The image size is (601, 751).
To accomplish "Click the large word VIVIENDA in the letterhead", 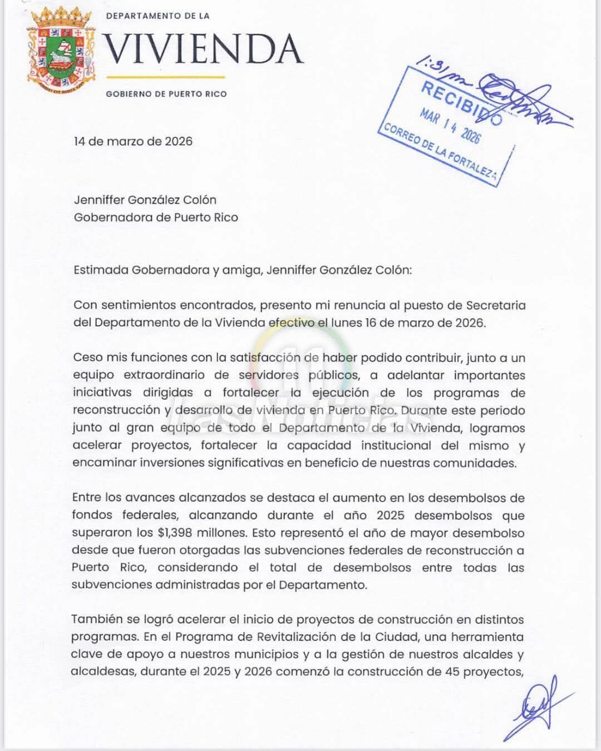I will click(204, 49).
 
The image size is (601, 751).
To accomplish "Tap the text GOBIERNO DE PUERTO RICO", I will click(166, 94).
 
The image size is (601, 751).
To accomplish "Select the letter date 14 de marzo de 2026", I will click(133, 141).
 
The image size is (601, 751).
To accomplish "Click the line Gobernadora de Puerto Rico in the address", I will click(156, 218).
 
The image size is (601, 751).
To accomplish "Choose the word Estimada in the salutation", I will click(101, 270).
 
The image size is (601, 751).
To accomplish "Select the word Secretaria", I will click(496, 305).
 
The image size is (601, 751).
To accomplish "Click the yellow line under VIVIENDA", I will click(165, 77).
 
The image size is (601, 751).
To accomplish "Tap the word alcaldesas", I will click(103, 671).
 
